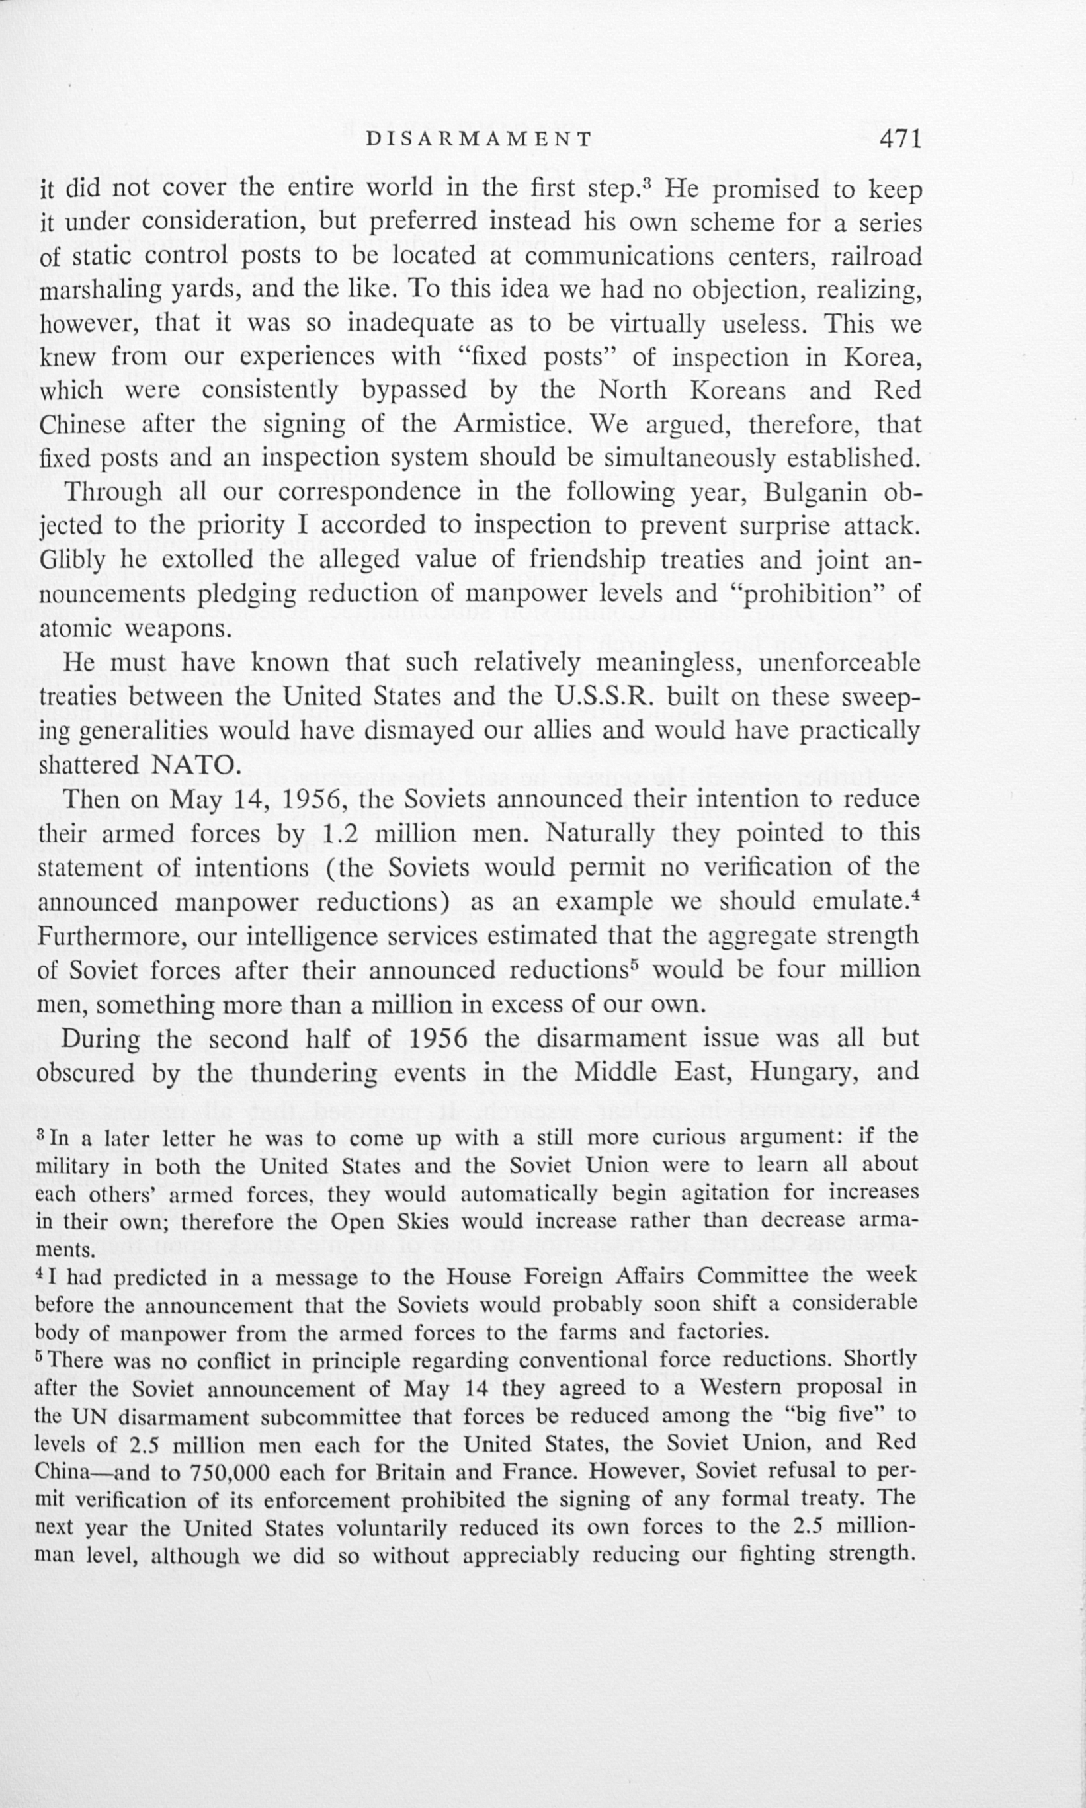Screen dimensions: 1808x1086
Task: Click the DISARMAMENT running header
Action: point(479,140)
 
